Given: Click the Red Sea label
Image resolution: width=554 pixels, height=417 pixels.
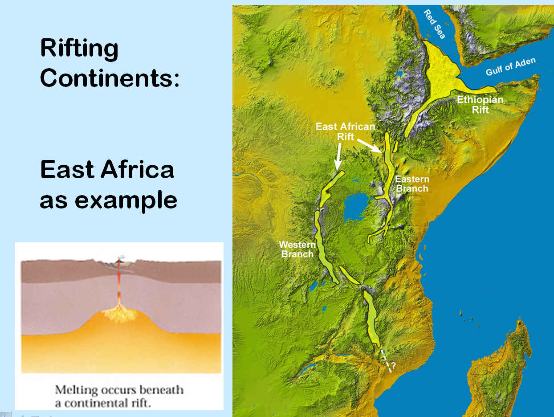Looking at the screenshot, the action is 434,24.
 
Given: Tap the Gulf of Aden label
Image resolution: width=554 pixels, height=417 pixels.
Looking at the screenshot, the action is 511,67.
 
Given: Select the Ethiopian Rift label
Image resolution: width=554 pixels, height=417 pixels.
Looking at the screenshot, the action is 481,105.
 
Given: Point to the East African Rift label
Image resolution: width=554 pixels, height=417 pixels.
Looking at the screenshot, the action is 346,131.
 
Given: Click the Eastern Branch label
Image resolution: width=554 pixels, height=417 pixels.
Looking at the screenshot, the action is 412,184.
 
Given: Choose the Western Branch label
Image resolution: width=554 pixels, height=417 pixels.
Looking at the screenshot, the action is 297,249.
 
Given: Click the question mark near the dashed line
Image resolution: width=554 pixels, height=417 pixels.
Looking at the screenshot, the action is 393,365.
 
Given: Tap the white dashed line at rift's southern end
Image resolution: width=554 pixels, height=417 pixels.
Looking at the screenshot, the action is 386,361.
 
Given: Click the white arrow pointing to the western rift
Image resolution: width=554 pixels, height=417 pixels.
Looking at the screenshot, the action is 338,156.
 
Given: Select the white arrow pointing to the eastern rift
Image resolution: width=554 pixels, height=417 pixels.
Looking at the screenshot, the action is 370,146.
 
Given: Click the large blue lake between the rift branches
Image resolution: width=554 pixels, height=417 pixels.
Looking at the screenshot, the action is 357,206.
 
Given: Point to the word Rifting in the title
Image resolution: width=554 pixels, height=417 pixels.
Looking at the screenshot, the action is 79,49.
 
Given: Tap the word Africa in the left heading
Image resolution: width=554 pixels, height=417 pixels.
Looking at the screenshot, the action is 137,169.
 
